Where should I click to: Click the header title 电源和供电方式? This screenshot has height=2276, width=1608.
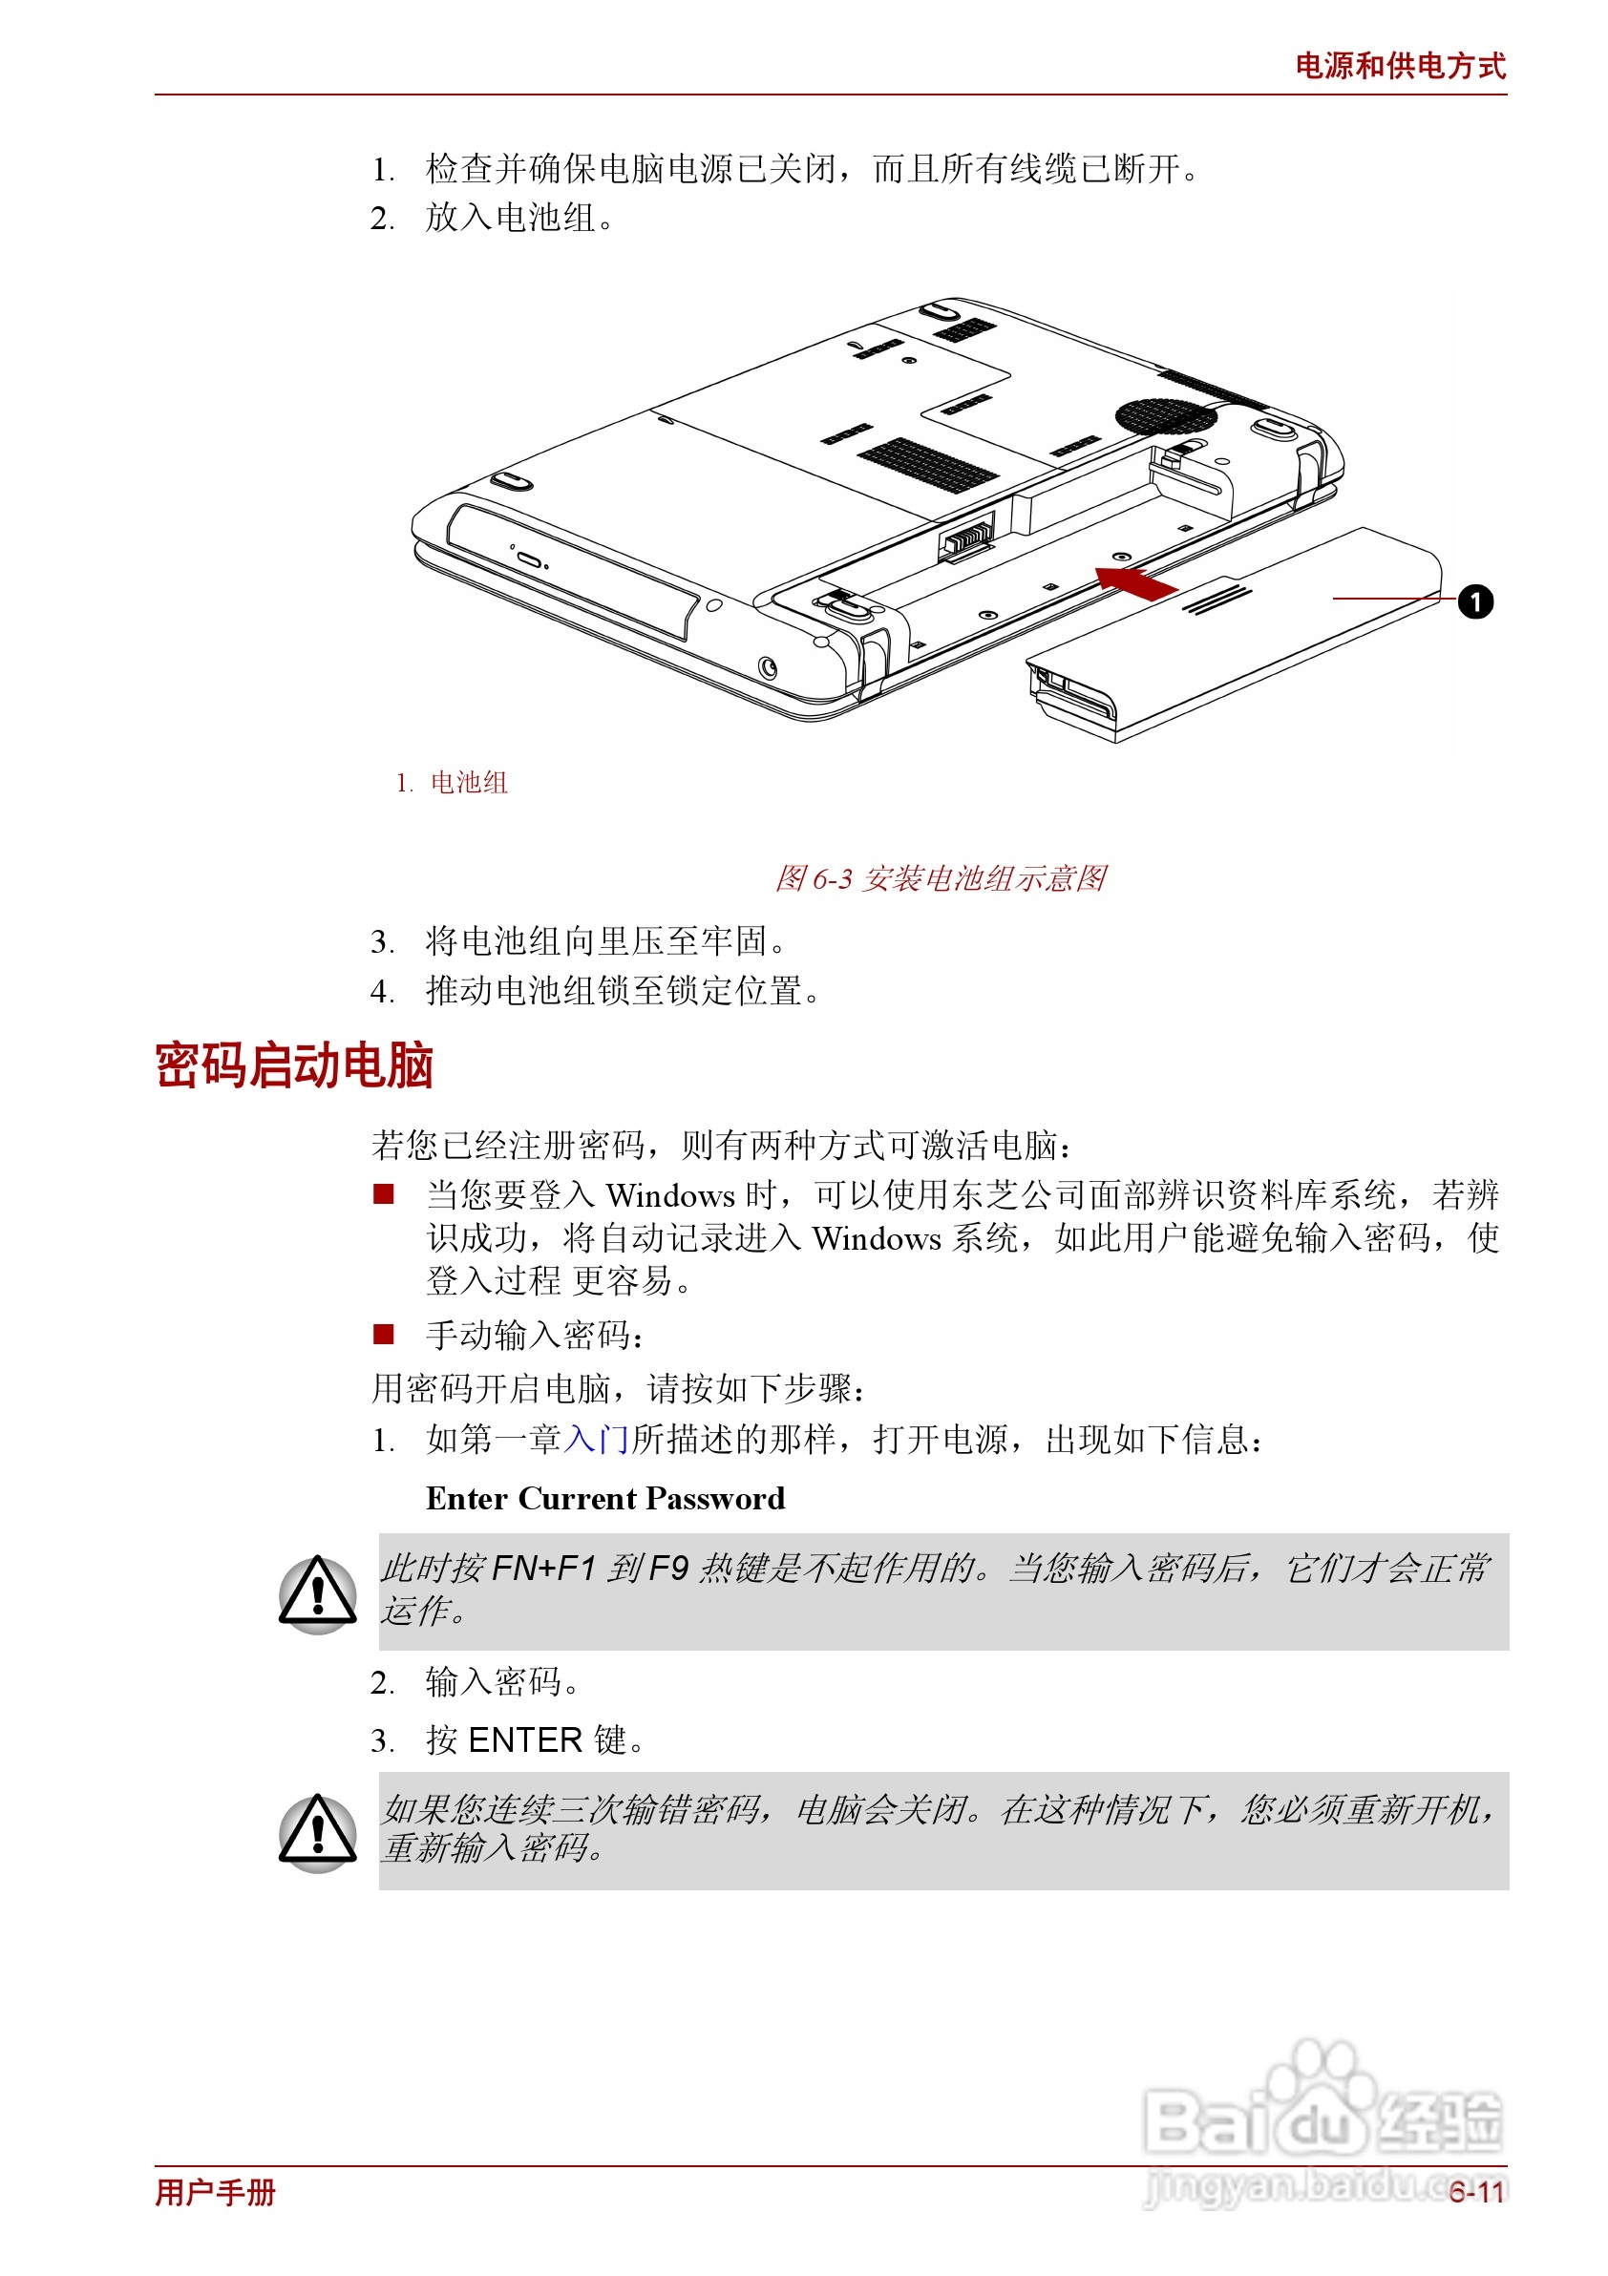click(x=1399, y=66)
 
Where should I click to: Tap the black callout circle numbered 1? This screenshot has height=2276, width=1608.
click(x=1474, y=601)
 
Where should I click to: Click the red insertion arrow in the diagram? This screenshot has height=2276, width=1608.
click(x=1135, y=581)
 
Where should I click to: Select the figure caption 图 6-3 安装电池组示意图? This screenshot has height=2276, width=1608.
click(x=939, y=878)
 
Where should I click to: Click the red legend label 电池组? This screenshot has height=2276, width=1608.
click(x=468, y=783)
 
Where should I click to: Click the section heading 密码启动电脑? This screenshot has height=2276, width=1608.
click(x=293, y=1066)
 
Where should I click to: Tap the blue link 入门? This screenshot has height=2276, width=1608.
click(x=596, y=1440)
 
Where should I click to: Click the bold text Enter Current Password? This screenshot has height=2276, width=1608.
click(x=604, y=1498)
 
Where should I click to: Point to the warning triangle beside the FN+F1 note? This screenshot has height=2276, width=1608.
click(x=317, y=1593)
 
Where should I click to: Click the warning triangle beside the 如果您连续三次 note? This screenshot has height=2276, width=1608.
click(x=317, y=1832)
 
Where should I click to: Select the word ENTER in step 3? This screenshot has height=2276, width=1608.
click(x=524, y=1740)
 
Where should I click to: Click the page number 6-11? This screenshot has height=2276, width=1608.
click(x=1476, y=2192)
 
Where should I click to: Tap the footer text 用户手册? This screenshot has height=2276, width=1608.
click(x=215, y=2192)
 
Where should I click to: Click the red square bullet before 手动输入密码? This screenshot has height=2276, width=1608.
click(x=384, y=1335)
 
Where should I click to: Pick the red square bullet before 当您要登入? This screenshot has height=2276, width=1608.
click(x=384, y=1193)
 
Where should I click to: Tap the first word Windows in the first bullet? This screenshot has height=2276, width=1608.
click(x=670, y=1195)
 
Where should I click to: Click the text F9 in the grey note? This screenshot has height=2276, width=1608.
click(x=667, y=1569)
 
